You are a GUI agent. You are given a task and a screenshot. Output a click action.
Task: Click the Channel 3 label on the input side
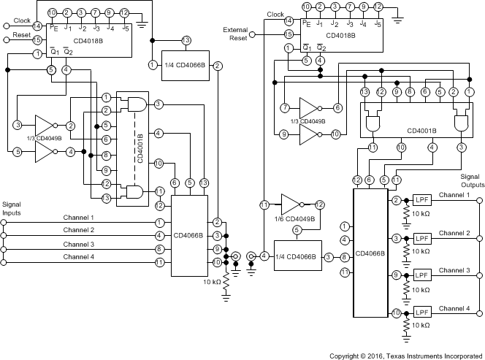[78, 244]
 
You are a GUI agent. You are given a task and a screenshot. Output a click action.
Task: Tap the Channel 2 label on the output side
[459, 232]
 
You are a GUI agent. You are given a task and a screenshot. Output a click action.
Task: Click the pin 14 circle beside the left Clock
[37, 26]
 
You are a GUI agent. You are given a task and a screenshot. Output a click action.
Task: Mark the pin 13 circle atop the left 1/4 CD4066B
[187, 39]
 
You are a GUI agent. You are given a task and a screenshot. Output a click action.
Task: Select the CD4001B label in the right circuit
[421, 131]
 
